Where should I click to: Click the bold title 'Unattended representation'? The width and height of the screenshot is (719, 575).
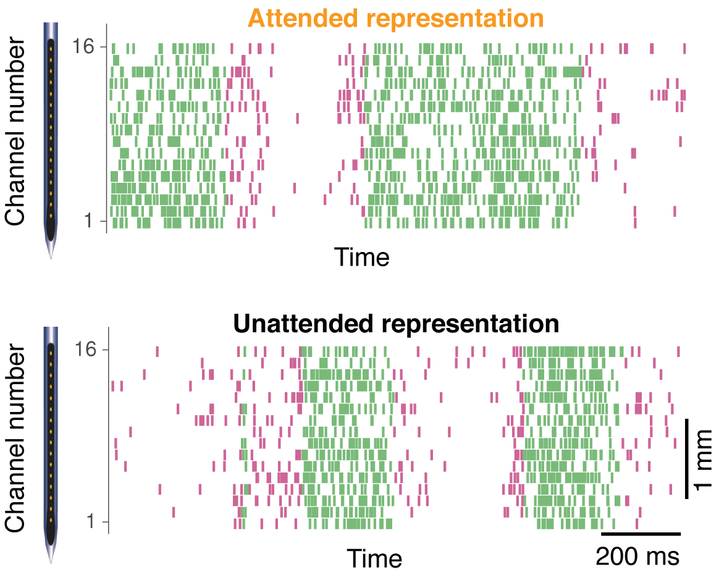(x=395, y=322)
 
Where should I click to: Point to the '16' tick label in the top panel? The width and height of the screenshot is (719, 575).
(x=84, y=47)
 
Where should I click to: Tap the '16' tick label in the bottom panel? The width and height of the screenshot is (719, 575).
(x=84, y=350)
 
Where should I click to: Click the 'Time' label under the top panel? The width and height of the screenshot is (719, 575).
(x=362, y=256)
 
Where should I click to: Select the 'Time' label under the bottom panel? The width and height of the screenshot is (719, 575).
(x=374, y=558)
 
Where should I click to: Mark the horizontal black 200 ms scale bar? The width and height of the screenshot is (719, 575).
(x=641, y=533)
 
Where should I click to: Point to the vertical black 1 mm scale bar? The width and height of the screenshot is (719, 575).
(x=687, y=458)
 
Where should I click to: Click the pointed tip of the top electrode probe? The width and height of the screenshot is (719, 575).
(x=51, y=256)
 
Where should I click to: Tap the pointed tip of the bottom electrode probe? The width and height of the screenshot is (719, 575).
(x=51, y=560)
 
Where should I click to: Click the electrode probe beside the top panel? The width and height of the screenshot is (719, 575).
(x=51, y=136)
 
